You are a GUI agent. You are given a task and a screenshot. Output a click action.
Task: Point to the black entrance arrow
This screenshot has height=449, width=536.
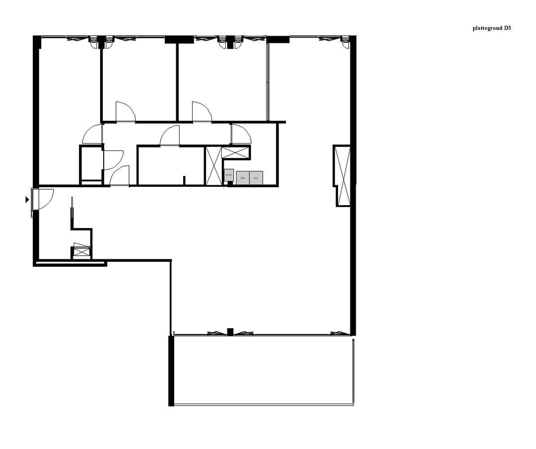pos(27,200)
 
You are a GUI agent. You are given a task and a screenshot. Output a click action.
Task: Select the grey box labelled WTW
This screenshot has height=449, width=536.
pos(229,175)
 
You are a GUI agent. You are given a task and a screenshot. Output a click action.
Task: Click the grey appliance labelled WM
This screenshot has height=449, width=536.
pos(243,178)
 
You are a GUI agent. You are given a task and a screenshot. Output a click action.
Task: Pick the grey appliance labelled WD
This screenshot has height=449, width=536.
pos(256,178)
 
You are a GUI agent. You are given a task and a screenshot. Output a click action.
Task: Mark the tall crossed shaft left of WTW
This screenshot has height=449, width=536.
pos(213,166)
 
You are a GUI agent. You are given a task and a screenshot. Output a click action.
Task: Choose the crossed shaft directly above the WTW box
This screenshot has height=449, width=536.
pos(236,152)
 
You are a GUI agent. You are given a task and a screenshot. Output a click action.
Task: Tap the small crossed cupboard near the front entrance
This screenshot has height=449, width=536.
pos(80,252)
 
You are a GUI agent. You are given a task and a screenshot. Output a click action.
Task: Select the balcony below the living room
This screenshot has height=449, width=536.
pos(263,370)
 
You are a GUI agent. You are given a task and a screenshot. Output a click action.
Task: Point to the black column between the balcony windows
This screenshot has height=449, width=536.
pos(230,331)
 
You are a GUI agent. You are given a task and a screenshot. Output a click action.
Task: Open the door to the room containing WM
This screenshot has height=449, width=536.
pos(240,133)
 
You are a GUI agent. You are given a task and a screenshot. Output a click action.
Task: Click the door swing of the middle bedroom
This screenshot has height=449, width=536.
pos(125,111)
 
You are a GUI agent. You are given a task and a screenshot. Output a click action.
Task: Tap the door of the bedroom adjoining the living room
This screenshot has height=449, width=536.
pos(201,111)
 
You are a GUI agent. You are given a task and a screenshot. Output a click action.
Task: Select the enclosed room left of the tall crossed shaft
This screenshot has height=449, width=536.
pos(170,165)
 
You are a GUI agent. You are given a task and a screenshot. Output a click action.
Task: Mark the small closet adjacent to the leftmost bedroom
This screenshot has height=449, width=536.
pos(91,164)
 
